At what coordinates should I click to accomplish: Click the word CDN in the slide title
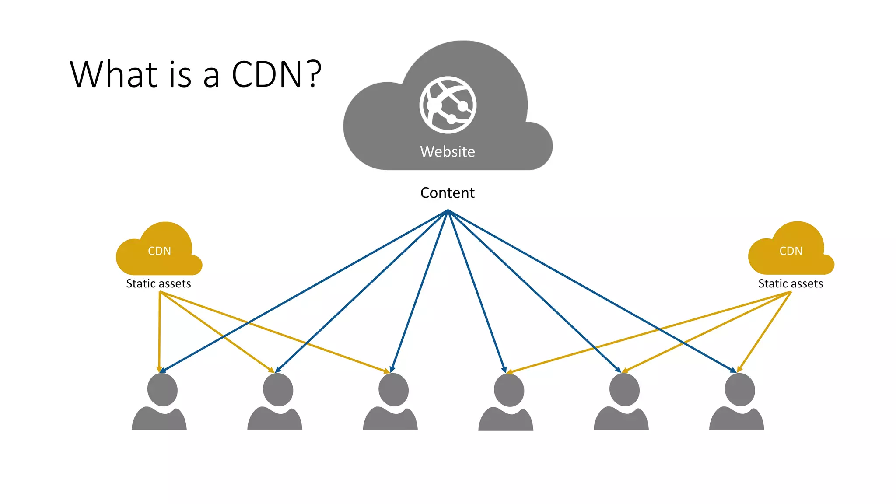click(x=267, y=74)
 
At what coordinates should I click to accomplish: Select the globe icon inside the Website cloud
click(x=448, y=105)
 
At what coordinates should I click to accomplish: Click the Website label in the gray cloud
click(x=448, y=152)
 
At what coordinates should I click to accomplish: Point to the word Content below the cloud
click(x=448, y=193)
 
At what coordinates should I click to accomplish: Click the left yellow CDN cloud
click(x=159, y=251)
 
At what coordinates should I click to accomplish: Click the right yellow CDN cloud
click(x=791, y=251)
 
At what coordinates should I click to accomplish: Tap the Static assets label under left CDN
click(x=158, y=284)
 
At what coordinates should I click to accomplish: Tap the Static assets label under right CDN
click(x=791, y=284)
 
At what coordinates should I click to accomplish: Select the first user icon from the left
click(x=160, y=402)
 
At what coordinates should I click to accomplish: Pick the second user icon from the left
click(x=276, y=402)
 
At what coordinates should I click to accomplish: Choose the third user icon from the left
click(x=391, y=402)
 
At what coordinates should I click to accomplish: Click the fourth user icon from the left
click(x=507, y=402)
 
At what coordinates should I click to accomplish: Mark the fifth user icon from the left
click(x=622, y=402)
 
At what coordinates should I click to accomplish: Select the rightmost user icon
click(x=738, y=402)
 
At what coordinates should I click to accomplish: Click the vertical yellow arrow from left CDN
click(x=160, y=332)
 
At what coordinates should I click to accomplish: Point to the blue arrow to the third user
click(x=420, y=291)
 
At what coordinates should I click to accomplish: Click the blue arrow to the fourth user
click(x=476, y=291)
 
